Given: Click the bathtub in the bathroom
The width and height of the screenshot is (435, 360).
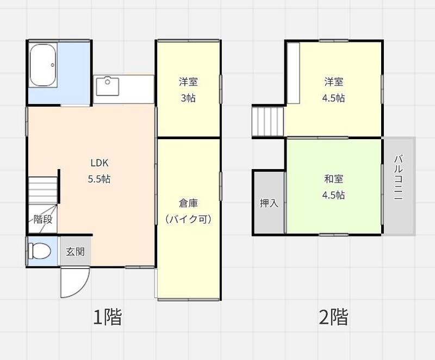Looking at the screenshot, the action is [x=43, y=65].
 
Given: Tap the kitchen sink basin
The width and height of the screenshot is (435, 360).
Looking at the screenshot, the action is [x=108, y=86].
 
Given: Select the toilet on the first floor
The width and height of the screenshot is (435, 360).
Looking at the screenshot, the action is [x=40, y=251].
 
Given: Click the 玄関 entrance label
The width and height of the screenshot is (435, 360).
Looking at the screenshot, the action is [x=75, y=252].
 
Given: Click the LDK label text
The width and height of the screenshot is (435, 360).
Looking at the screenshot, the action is [x=100, y=163].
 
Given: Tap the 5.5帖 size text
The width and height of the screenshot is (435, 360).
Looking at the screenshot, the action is [x=99, y=179].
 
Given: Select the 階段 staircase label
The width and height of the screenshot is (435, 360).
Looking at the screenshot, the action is [x=43, y=219].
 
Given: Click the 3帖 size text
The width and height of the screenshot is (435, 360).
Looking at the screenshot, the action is [x=188, y=98].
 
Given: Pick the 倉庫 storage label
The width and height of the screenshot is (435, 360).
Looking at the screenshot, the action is [x=188, y=203].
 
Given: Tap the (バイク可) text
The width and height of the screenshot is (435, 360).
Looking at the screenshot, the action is [x=188, y=219].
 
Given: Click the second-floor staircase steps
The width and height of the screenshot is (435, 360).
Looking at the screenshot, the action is [x=268, y=122].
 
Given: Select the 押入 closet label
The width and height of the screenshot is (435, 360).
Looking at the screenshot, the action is [x=269, y=203].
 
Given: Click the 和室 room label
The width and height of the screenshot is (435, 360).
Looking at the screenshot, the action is [x=333, y=179].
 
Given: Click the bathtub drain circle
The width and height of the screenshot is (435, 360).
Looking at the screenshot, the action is [x=53, y=65].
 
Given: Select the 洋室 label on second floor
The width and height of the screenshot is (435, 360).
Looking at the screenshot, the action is [x=333, y=82].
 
